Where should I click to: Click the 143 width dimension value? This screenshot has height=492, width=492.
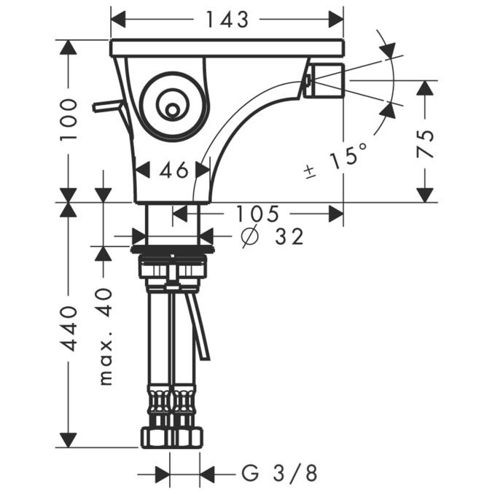click(227, 20)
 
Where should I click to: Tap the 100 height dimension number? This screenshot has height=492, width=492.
click(69, 120)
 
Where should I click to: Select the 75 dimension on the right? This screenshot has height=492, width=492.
click(425, 144)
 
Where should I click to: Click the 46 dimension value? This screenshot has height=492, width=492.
click(173, 171)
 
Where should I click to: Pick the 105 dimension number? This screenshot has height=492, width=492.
click(257, 214)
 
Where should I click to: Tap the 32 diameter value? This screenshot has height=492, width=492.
click(289, 236)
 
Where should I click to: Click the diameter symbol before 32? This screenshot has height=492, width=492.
click(250, 236)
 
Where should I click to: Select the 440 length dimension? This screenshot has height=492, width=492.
click(69, 329)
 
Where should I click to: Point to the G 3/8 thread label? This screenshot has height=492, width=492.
click(280, 473)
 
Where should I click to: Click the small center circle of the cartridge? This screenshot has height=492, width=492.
click(171, 111)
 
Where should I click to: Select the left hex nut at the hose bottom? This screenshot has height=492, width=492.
click(156, 437)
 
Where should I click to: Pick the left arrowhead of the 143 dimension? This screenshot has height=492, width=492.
click(118, 20)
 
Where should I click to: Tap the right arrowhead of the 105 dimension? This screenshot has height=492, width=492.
click(336, 214)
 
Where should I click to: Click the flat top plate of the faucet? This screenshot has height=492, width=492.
click(227, 48)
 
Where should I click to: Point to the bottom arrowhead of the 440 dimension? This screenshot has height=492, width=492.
click(69, 440)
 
